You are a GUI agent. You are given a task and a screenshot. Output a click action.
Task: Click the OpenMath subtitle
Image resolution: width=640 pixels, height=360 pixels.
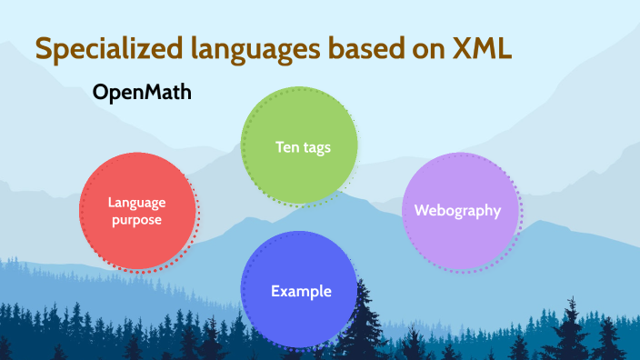(x=142, y=94)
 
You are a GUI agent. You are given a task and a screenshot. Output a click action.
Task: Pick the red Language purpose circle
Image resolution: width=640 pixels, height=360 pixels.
(x=137, y=211)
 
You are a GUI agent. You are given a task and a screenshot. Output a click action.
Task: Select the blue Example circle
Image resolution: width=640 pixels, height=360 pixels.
(x=299, y=290)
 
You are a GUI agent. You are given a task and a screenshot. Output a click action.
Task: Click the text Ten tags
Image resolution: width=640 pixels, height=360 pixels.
(x=302, y=146)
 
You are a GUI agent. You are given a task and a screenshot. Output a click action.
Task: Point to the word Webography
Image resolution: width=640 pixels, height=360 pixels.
(x=458, y=210)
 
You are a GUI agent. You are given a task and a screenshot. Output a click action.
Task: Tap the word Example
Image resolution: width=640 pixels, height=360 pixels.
(x=301, y=292)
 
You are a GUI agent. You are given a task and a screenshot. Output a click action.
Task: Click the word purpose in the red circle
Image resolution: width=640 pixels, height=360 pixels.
(x=137, y=220)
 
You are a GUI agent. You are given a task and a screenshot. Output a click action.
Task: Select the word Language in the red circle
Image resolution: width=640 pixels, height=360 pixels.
(x=137, y=203)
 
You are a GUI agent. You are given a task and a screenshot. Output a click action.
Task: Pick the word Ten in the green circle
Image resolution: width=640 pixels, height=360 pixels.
(x=286, y=146)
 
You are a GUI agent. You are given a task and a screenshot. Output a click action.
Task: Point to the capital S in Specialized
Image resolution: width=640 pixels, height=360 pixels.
(x=42, y=49)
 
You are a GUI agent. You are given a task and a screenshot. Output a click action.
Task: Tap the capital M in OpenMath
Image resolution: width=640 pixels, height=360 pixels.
(x=151, y=94)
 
